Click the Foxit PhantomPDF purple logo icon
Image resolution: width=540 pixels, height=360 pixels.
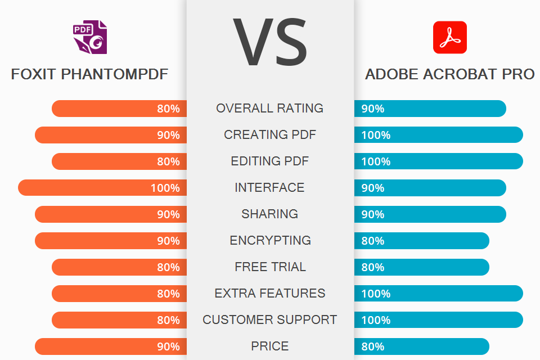pyautogui.click(x=90, y=37)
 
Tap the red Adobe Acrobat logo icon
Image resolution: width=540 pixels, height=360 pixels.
pyautogui.click(x=449, y=37)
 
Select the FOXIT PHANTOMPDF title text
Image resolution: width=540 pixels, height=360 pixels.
pyautogui.click(x=89, y=74)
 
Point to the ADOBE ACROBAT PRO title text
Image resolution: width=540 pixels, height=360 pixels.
pyautogui.click(x=449, y=74)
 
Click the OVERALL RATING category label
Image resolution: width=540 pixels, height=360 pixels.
pyautogui.click(x=270, y=108)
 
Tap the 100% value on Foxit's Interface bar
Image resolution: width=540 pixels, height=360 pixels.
pyautogui.click(x=165, y=188)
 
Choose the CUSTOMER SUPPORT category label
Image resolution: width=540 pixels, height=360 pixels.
pyautogui.click(x=270, y=319)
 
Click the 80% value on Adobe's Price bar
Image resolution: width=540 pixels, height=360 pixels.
pyautogui.click(x=372, y=346)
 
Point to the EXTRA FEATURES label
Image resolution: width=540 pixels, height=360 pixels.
pyautogui.click(x=270, y=293)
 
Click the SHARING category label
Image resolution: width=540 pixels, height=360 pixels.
pyautogui.click(x=270, y=214)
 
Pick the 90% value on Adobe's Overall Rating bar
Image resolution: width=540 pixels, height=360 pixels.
pyautogui.click(x=372, y=109)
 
